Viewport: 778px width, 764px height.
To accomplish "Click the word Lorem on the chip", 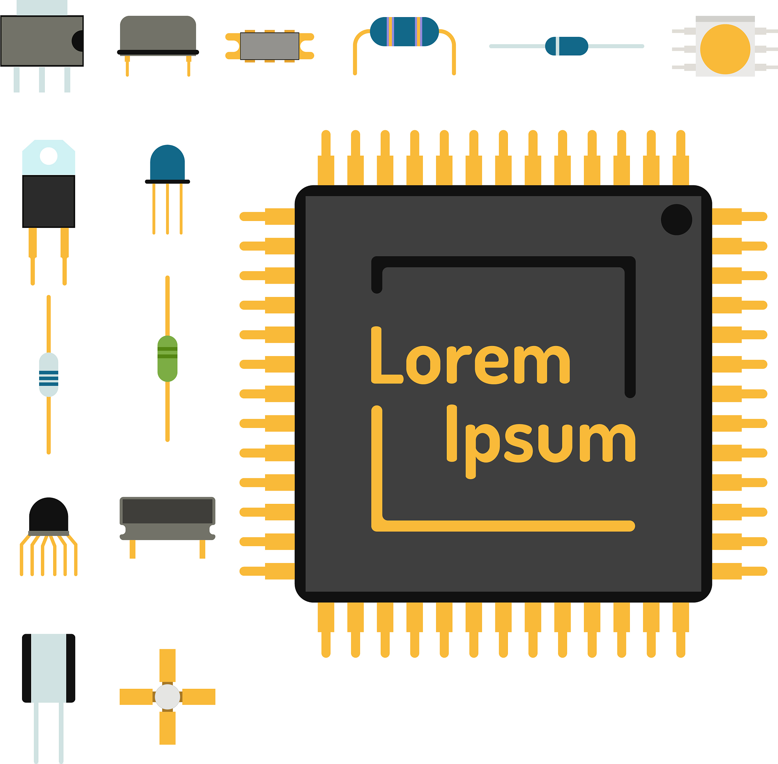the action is pos(470,355).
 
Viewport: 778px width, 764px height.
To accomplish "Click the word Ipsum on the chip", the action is pos(541,442).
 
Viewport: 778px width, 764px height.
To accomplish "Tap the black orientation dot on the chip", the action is pos(677,219).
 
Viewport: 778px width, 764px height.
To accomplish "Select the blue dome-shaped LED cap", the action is pos(168,163).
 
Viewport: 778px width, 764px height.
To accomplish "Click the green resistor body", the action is pos(168,359).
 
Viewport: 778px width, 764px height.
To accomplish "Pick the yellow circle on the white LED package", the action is pos(725,49).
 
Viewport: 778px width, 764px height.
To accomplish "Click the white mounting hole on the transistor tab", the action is pos(49,156).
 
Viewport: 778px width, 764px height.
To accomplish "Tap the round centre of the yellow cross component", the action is pos(168,697).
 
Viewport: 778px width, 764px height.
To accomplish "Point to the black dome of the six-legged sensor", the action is pos(49,515).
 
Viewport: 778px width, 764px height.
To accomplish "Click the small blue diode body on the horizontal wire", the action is pos(566,46).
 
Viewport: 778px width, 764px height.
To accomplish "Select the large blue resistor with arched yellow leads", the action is pos(404,32).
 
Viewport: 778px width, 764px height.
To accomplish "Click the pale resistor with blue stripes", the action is pos(49,375).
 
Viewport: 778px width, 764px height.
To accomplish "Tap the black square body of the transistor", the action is pos(49,201).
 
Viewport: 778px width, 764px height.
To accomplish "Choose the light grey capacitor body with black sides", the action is pos(49,668).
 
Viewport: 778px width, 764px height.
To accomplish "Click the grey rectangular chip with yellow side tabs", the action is pos(269,46).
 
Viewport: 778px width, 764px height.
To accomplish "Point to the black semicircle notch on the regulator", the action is pos(78,41).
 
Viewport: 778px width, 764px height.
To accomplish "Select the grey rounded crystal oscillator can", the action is pos(158,33).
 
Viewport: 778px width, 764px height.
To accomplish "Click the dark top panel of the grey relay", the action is pos(168,511).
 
